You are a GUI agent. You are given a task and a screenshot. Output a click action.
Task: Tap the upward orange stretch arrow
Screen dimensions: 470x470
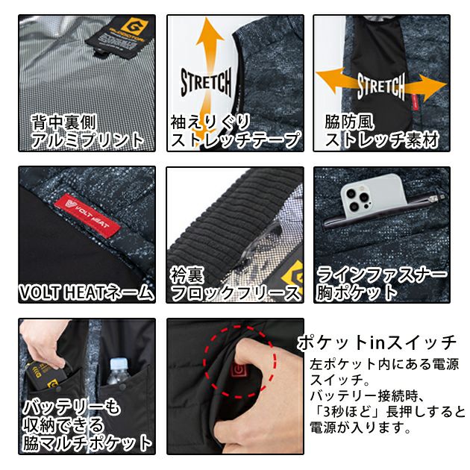click(207, 45)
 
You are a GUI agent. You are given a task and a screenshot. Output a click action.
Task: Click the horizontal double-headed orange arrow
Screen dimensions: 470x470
click(380, 84)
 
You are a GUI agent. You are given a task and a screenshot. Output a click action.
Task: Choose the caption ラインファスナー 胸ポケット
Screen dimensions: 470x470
click(382, 283)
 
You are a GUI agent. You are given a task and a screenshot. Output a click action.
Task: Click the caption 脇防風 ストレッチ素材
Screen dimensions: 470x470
click(381, 130)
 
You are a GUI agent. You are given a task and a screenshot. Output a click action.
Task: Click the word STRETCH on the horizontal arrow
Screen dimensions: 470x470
click(380, 86)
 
